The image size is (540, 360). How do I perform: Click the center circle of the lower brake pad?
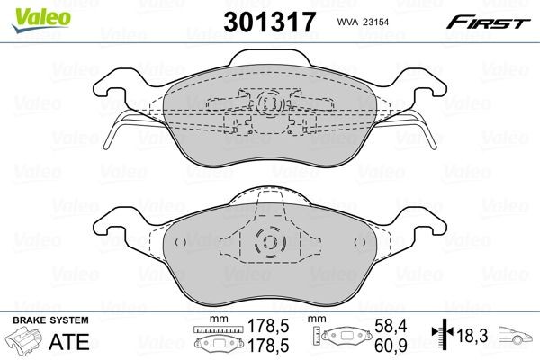[269, 244]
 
